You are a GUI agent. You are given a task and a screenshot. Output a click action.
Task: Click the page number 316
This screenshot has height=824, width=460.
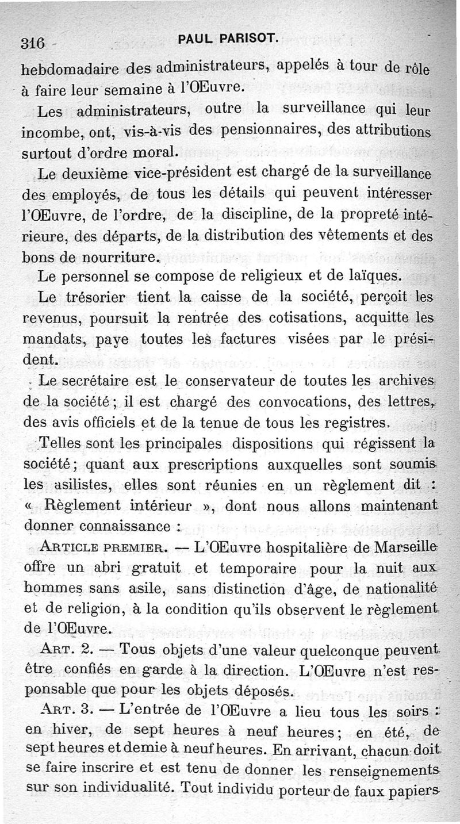(x=33, y=43)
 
